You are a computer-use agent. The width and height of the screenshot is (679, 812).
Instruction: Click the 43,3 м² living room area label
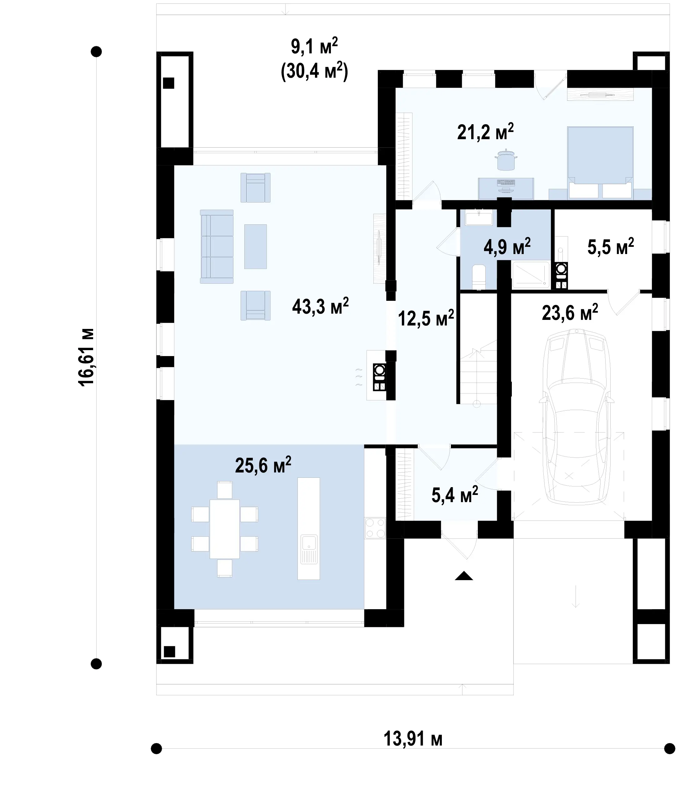[320, 306]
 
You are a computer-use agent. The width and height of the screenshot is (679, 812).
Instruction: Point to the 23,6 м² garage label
[570, 312]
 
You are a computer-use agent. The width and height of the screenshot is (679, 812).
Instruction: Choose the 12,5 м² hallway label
[426, 318]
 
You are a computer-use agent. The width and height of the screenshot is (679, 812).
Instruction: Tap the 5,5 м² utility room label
[611, 247]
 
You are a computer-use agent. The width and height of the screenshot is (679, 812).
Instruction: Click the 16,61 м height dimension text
[86, 357]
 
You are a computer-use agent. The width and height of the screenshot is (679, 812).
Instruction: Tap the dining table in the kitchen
[225, 529]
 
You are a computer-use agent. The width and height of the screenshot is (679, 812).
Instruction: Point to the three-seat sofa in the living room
[217, 247]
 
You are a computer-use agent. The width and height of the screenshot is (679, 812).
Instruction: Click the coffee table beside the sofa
[256, 247]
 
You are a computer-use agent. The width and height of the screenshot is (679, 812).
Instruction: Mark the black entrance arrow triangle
[464, 576]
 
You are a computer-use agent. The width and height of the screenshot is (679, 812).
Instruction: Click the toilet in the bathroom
[479, 277]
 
